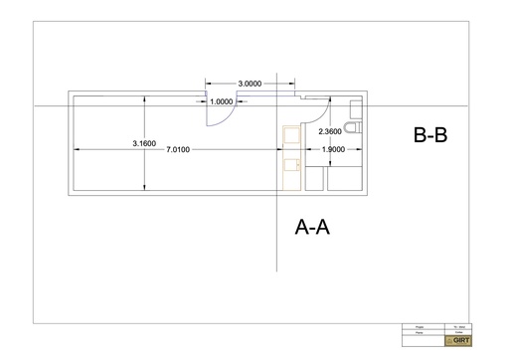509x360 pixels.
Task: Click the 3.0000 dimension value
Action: click(x=251, y=85)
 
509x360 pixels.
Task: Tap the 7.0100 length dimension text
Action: click(x=177, y=150)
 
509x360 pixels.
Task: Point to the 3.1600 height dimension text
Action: click(x=144, y=144)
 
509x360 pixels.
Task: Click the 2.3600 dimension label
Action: click(x=329, y=131)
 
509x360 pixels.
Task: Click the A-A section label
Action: click(x=312, y=228)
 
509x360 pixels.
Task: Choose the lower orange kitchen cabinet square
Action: click(x=291, y=174)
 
